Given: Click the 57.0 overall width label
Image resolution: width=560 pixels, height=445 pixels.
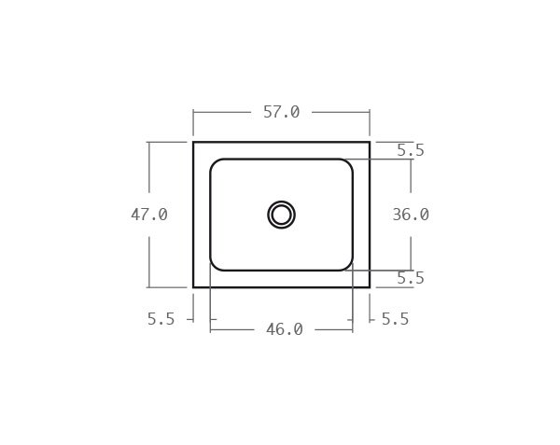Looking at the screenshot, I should (x=281, y=112).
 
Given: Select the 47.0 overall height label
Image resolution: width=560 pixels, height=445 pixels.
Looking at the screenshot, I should (x=149, y=215).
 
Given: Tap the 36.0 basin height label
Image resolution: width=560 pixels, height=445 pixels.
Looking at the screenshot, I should (x=411, y=215).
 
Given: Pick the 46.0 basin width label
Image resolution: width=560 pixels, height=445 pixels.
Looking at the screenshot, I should (x=284, y=329).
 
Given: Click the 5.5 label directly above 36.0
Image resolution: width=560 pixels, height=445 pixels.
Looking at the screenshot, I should (x=411, y=150).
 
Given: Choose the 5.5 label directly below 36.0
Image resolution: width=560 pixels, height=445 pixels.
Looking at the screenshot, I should (x=411, y=278).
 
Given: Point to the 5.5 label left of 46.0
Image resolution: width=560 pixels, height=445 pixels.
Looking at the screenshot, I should (x=161, y=319).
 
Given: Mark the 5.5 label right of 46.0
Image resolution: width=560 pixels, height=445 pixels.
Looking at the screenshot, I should (x=395, y=319).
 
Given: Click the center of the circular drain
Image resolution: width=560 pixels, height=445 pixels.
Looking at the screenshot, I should (x=281, y=215).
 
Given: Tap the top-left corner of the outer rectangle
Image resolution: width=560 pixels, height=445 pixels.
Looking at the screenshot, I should (x=193, y=142).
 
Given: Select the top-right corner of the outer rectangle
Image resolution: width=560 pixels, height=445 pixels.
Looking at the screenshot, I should (x=370, y=142).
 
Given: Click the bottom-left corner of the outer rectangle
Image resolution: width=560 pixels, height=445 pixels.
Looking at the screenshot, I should (x=193, y=287).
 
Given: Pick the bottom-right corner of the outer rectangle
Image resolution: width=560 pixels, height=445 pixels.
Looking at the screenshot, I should (x=370, y=287).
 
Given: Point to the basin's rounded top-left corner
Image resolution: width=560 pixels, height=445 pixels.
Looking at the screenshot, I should (x=215, y=163).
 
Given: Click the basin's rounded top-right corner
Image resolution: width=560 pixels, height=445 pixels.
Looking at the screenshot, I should (x=348, y=163).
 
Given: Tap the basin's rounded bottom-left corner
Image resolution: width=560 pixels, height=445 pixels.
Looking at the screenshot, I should (x=215, y=266).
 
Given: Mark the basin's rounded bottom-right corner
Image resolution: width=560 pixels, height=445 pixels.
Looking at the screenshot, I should (x=348, y=266).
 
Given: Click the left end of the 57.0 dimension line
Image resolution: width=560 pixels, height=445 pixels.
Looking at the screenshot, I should (x=193, y=112).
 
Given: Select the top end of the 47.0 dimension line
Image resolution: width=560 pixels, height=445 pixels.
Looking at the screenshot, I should (x=149, y=142).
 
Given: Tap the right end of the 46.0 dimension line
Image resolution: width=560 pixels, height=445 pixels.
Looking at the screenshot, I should (x=353, y=329).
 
